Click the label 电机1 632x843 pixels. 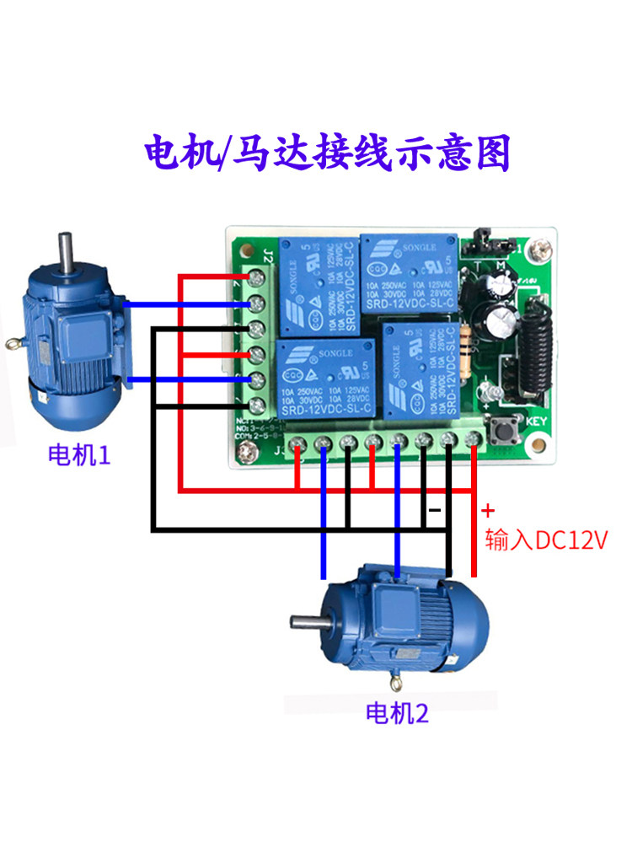click(x=78, y=457)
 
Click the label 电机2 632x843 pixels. click(x=396, y=714)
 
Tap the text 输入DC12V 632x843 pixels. click(x=546, y=540)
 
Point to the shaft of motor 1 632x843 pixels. click(x=64, y=252)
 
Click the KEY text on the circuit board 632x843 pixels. click(x=538, y=421)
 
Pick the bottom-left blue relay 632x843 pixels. click(x=326, y=377)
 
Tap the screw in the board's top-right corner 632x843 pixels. click(x=539, y=250)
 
